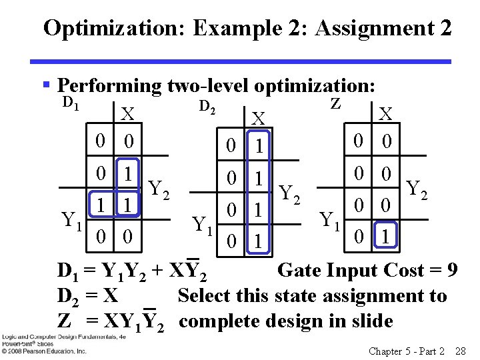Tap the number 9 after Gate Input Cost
point(452,271)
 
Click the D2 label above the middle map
point(208,105)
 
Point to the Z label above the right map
point(336,103)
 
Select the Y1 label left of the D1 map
point(72,219)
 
